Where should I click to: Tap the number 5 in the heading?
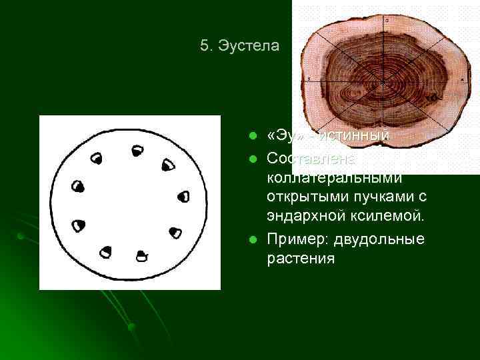[204, 46]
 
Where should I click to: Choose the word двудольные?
[379, 239]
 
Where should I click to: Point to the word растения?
[300, 259]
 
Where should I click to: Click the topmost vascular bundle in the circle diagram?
[138, 151]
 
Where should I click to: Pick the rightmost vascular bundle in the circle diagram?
[184, 197]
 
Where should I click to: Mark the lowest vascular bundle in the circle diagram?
[141, 255]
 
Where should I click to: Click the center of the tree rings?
[383, 82]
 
